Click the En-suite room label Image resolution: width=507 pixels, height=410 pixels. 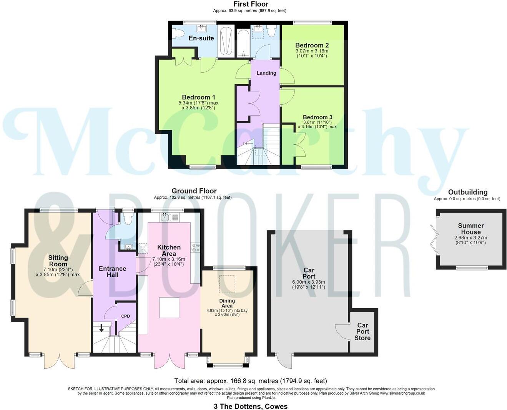201,38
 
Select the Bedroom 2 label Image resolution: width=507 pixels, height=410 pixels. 312,45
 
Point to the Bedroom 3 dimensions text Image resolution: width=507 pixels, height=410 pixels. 317,124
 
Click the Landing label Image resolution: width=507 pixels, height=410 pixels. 266,73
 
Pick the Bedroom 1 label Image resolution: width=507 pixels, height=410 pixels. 198,97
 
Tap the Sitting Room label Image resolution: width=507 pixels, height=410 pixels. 58,261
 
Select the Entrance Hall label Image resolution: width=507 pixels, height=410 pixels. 112,271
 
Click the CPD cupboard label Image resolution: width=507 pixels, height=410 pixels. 125,316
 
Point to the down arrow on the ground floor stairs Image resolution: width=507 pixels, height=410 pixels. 101,328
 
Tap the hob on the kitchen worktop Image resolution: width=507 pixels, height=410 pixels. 196,247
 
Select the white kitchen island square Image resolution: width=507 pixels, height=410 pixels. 169,308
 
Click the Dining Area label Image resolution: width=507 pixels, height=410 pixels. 227,303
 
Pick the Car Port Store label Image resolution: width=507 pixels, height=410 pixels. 362,331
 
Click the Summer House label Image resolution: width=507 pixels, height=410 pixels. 470,229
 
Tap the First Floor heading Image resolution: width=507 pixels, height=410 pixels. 251,4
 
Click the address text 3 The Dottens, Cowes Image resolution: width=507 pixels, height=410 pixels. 250,406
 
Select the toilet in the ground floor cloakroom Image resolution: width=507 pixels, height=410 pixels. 128,218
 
